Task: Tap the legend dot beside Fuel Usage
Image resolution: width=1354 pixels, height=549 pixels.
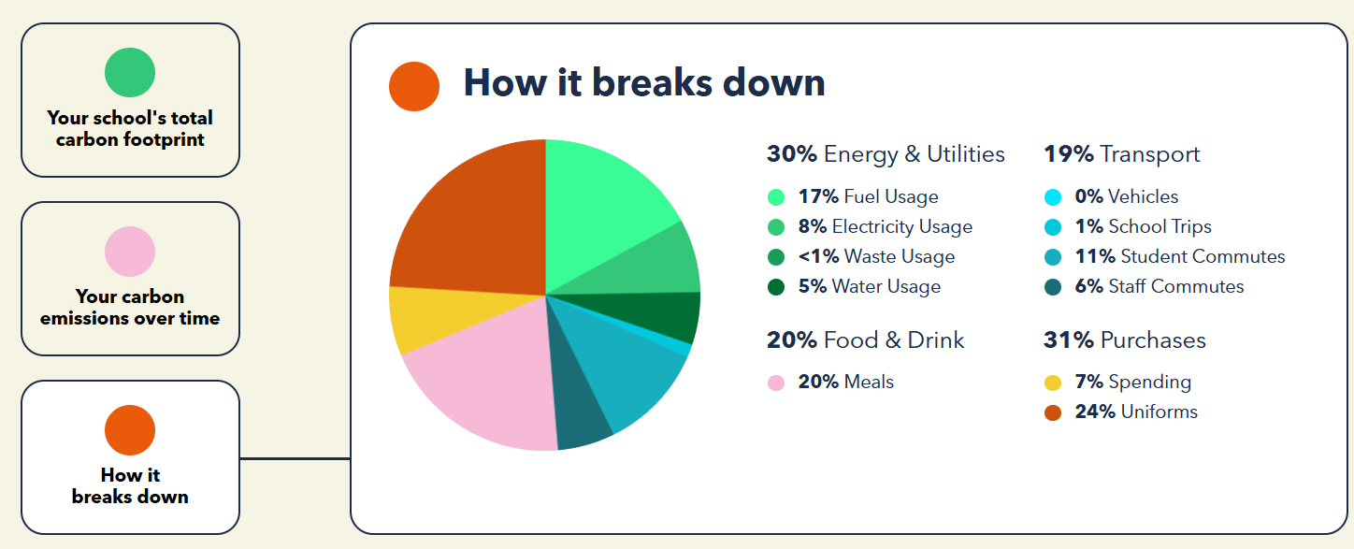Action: [x=776, y=197]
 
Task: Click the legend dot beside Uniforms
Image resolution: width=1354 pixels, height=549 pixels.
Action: [x=1053, y=412]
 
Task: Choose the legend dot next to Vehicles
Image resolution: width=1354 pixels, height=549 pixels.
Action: [x=1053, y=197]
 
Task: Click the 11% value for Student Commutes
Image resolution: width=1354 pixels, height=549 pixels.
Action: [x=1095, y=256]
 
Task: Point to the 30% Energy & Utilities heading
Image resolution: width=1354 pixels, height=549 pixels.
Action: [x=886, y=154]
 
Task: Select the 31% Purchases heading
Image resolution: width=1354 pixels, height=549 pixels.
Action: [x=1124, y=340]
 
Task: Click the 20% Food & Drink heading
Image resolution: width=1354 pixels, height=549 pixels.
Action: [x=866, y=340]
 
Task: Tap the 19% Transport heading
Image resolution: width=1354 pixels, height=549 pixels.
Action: [x=1122, y=154]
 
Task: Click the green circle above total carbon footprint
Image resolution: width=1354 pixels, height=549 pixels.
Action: [x=130, y=73]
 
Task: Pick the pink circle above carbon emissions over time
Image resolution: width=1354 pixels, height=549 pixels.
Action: [x=130, y=252]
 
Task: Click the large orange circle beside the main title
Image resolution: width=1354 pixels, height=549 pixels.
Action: [x=414, y=86]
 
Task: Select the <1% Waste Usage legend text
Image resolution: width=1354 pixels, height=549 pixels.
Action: [x=876, y=256]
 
